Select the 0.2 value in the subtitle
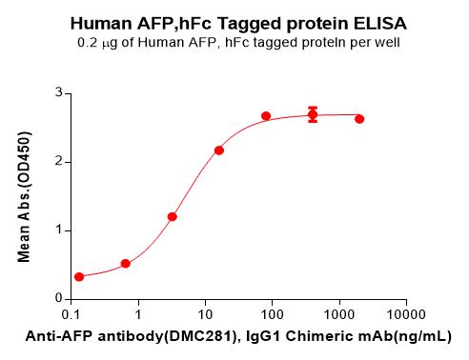pos(87,42)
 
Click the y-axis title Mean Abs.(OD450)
pos(24,196)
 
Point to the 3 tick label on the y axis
pos(59,92)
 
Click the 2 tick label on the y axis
pos(59,161)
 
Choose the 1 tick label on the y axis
pos(59,230)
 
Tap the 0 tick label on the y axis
pos(59,298)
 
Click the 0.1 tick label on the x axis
pos(71,314)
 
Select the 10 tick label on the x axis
pos(205,314)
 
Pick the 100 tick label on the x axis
pos(272,314)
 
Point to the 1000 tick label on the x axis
pos(339,314)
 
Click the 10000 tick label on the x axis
pos(406,314)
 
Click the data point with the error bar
pos(313,114)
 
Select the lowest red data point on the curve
pos(79,277)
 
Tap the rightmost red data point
pos(359,119)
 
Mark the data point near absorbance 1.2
pos(173,217)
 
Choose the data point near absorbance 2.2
pos(219,150)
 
